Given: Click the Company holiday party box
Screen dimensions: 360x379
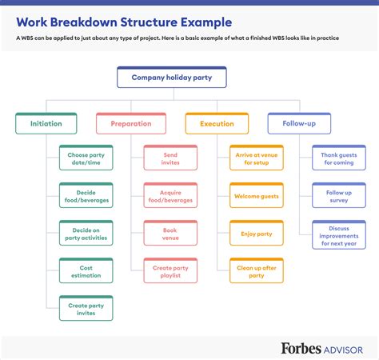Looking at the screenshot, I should (171, 78).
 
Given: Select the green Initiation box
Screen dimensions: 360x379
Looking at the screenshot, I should (46, 124).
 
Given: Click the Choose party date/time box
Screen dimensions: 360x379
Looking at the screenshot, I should (86, 158).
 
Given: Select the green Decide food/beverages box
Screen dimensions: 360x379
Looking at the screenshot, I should (86, 195).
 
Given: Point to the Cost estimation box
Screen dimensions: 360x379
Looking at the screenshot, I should (86, 271).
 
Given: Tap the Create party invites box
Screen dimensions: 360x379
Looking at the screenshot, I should (86, 309).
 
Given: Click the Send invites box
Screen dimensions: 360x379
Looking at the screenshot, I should (170, 158).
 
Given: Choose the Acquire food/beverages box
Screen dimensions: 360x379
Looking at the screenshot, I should (170, 195).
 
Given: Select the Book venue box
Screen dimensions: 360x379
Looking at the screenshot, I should (170, 233).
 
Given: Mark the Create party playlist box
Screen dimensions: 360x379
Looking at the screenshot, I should (170, 271).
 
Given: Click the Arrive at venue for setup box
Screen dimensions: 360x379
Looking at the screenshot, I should (256, 158).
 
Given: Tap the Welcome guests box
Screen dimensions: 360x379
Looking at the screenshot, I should (256, 195).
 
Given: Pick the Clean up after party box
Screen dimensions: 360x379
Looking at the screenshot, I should (256, 271).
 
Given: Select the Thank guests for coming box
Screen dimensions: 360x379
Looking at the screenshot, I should (338, 158).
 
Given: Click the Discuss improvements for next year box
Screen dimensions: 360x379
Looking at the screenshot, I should (338, 235).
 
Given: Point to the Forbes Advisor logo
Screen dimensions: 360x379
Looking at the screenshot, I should (321, 347).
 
